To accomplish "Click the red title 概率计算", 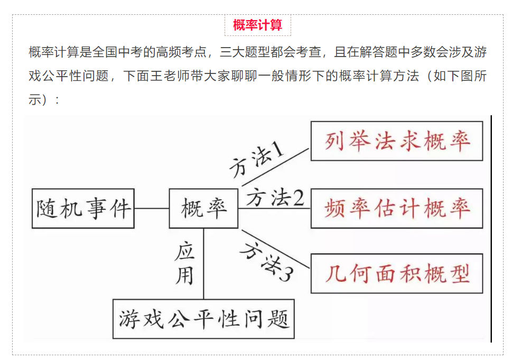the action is [258, 25].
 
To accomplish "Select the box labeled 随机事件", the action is [83, 208].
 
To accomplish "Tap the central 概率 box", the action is [203, 208].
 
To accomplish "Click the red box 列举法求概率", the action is [397, 141].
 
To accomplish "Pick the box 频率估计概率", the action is [397, 208].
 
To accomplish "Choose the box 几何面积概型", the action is [397, 273].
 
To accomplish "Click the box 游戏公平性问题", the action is [203, 319].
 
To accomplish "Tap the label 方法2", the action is [275, 198].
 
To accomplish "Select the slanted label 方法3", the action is [266, 261].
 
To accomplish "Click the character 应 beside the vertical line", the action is [184, 251].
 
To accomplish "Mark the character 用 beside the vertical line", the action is [184, 276].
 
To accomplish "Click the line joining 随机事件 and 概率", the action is [152, 208].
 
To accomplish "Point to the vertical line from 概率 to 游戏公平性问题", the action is [203, 264].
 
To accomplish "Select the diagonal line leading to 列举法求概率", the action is [275, 167].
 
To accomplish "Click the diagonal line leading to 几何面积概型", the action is [275, 249].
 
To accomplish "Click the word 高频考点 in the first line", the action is [181, 52].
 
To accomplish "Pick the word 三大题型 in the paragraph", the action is [245, 52].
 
